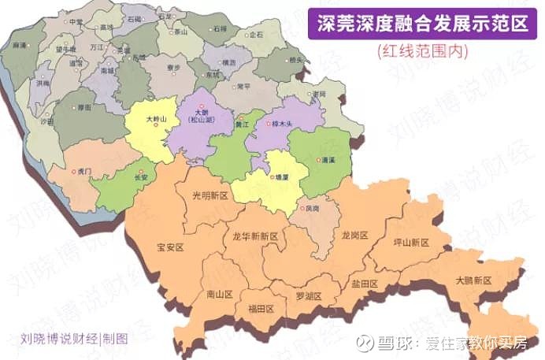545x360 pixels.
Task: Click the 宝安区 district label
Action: coord(170,247)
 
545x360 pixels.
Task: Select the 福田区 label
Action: coord(260,308)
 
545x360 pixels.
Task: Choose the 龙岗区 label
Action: coord(355,235)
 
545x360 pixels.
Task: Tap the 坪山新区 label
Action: coord(411,243)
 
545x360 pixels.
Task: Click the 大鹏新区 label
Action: coord(473,280)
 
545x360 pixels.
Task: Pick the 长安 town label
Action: coord(142,177)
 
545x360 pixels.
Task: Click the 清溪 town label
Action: coord(328,160)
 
